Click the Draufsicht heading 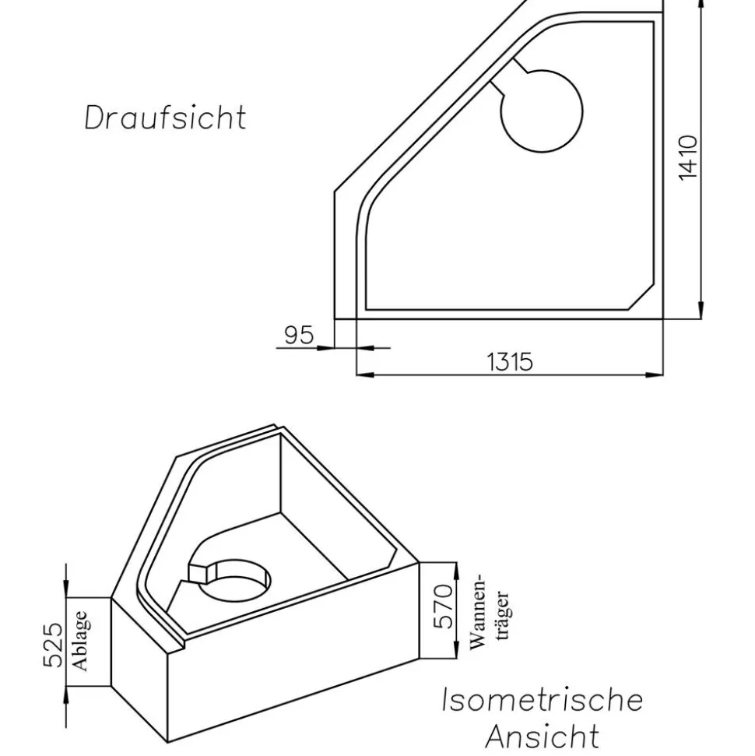click(165, 117)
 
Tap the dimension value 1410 click(688, 157)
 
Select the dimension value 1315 click(510, 361)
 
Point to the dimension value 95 click(299, 335)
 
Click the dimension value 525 click(53, 645)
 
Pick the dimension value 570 click(444, 607)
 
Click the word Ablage click(80, 641)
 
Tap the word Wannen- click(478, 612)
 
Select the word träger click(502, 615)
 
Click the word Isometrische click(543, 700)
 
